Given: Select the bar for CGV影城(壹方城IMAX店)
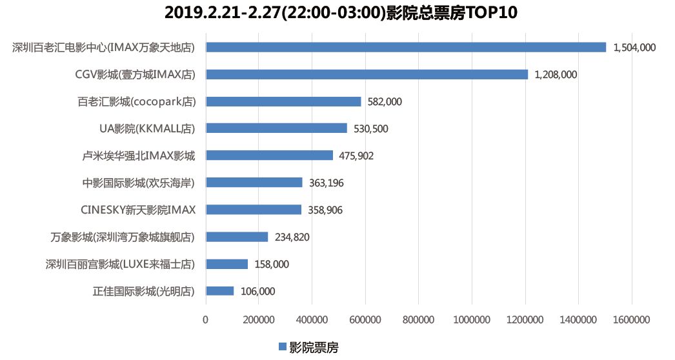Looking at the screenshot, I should [367, 74].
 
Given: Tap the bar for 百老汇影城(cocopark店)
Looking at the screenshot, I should [283, 101].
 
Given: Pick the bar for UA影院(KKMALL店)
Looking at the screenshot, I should [276, 128].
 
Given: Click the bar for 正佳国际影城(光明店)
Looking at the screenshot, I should [219, 291].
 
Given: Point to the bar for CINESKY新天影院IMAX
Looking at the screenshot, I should [254, 210].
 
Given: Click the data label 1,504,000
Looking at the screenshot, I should [634, 47].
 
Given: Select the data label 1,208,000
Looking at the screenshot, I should [556, 74].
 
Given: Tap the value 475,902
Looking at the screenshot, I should [356, 155].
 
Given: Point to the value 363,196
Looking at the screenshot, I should [326, 183].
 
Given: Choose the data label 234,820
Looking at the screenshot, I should [292, 237].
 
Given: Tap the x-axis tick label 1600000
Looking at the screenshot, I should [631, 319].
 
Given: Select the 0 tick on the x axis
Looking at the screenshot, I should [206, 319].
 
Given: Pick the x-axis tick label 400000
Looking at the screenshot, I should [312, 319].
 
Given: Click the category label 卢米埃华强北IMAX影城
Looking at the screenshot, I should [139, 155].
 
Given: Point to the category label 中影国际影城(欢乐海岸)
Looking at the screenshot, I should [139, 183].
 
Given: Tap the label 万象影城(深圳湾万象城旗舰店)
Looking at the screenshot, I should [123, 237].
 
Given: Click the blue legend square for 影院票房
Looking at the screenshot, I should [282, 347].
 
